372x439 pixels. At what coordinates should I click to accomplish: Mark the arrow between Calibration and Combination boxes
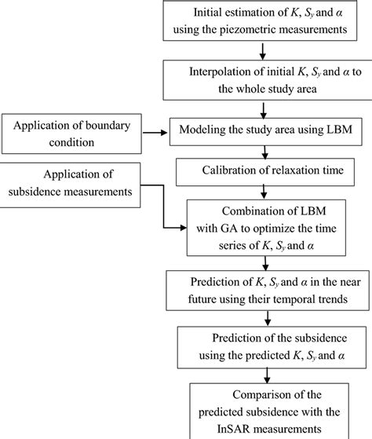coord(261,188)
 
